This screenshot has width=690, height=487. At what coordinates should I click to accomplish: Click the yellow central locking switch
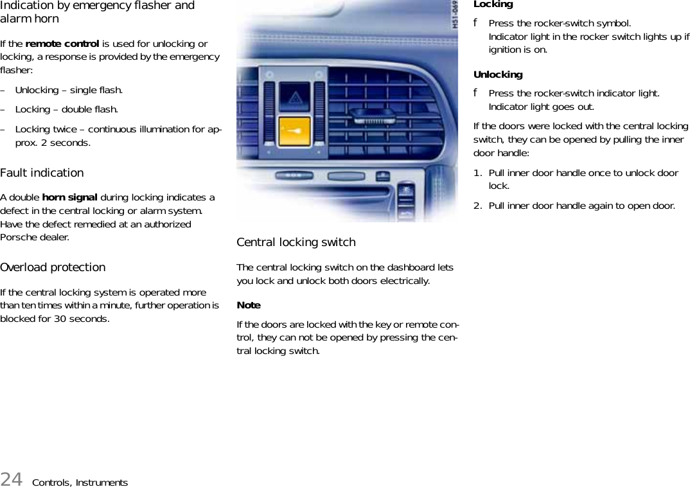295,131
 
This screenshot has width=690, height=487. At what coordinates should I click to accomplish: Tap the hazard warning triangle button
295,98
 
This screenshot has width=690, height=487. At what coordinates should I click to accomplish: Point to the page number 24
11,479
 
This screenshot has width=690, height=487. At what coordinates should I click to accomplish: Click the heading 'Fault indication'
42,173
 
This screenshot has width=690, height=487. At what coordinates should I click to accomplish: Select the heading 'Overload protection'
53,267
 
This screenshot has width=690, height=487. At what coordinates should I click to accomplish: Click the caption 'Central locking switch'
296,242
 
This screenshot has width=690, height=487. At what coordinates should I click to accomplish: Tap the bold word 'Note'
249,305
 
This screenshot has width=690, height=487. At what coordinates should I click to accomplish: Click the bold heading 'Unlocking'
498,75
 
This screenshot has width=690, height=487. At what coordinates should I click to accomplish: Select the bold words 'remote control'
62,44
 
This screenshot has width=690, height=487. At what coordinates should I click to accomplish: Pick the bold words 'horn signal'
69,197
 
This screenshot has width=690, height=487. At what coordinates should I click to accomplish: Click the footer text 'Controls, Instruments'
80,483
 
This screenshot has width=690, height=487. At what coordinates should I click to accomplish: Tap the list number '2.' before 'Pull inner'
478,206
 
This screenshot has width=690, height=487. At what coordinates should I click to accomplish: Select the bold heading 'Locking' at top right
493,4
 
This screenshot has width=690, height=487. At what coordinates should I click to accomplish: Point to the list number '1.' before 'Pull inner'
478,173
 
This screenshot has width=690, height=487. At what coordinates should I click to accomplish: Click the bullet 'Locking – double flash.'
66,109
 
